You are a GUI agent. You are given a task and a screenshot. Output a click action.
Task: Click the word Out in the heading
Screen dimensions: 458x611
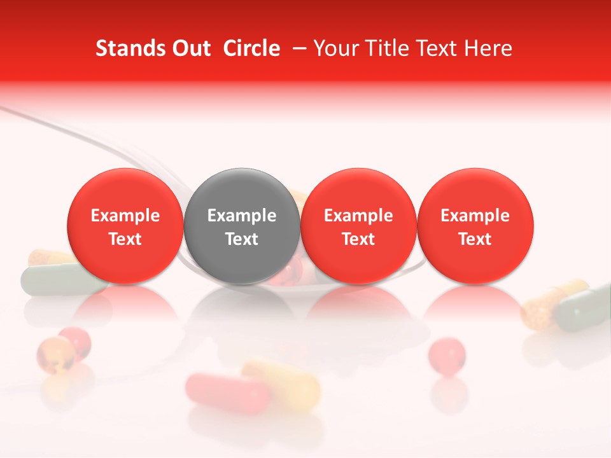click(190, 48)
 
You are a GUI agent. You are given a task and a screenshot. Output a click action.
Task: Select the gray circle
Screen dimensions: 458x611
click(242, 226)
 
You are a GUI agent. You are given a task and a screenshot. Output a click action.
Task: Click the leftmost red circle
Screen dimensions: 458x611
click(125, 226)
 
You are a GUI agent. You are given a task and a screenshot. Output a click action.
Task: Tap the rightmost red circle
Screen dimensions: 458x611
click(475, 226)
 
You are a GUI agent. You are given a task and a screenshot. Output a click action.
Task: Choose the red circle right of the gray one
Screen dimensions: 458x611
click(358, 226)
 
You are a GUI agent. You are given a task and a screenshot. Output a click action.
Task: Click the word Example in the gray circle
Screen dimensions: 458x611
click(242, 216)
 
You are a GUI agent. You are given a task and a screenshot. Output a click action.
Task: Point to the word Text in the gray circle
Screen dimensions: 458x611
click(242, 239)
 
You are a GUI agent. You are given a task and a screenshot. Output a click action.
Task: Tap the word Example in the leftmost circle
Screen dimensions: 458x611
click(125, 216)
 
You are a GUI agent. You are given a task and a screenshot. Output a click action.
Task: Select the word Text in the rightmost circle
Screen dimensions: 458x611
click(475, 239)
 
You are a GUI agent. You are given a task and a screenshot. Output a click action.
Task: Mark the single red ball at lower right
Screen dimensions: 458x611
click(447, 354)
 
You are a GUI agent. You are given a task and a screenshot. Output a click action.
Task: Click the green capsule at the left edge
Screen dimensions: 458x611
click(51, 280)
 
